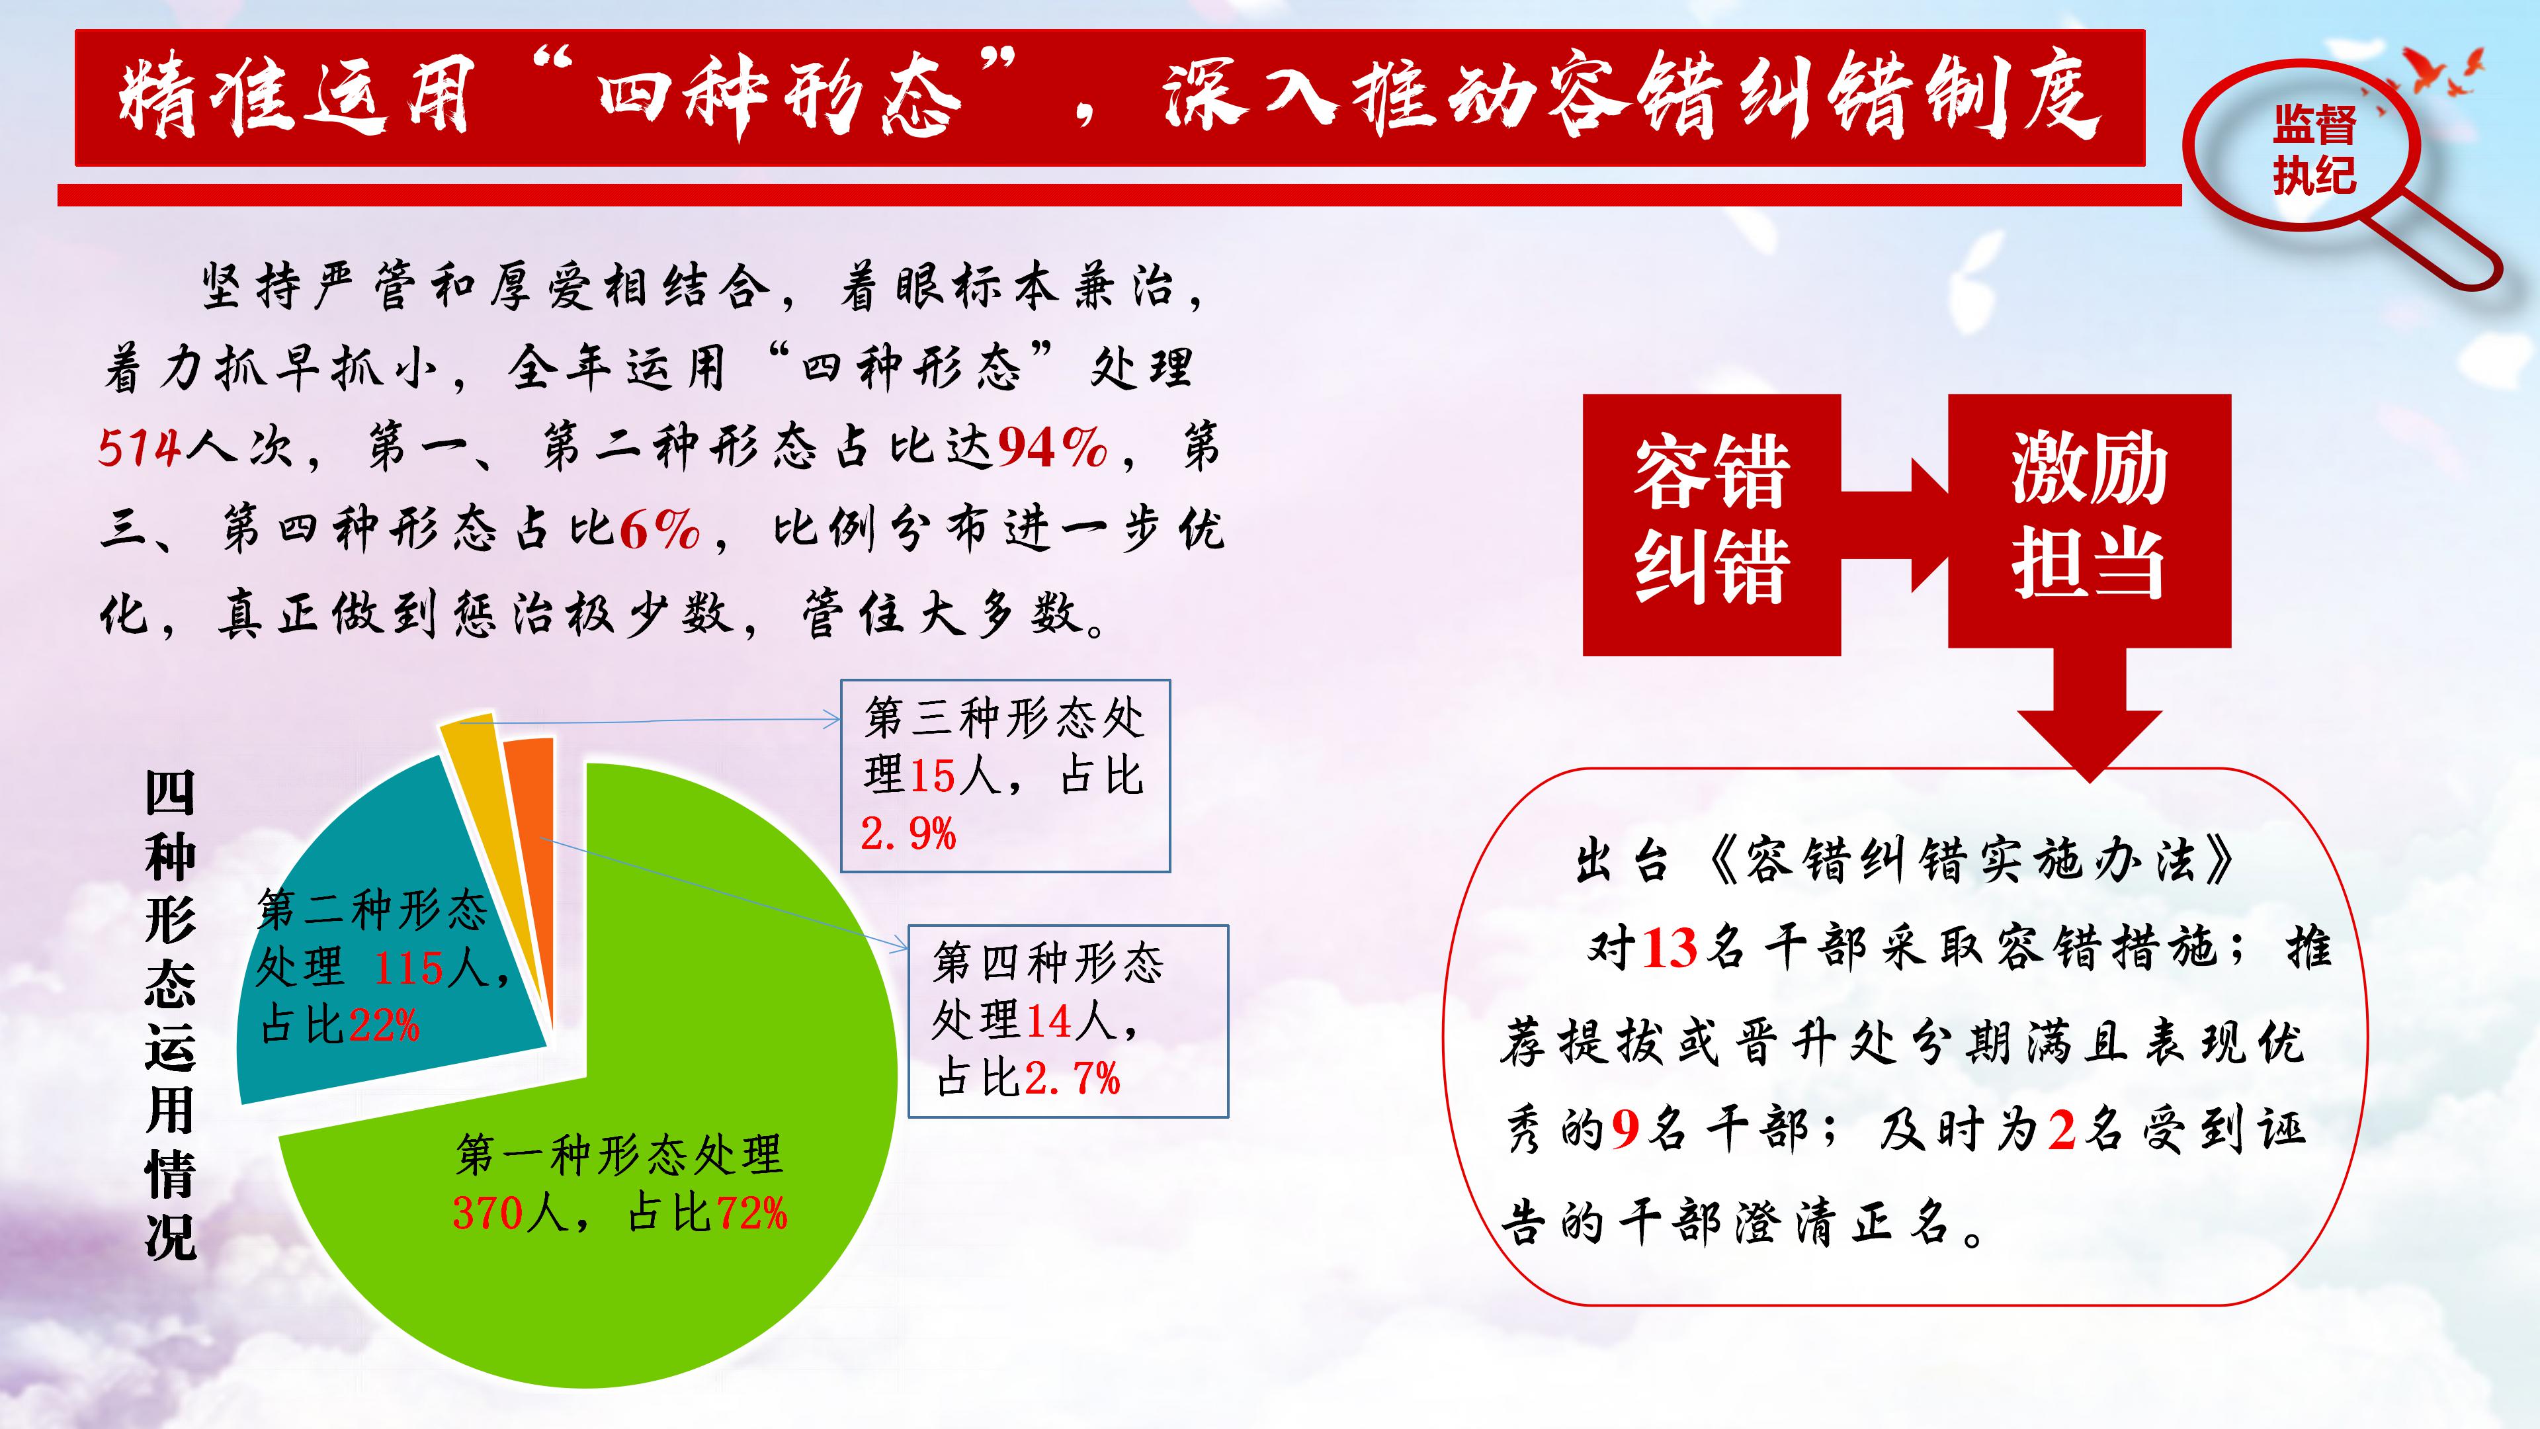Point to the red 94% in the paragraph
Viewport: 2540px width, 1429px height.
(x=1052, y=449)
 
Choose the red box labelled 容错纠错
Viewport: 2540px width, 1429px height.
(x=1712, y=524)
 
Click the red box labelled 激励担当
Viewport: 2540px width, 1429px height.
(x=2090, y=520)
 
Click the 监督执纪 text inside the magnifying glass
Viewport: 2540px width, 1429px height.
(x=2314, y=151)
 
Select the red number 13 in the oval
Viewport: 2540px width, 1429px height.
(x=1670, y=949)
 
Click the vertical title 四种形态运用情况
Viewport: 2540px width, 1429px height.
(x=171, y=1015)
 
